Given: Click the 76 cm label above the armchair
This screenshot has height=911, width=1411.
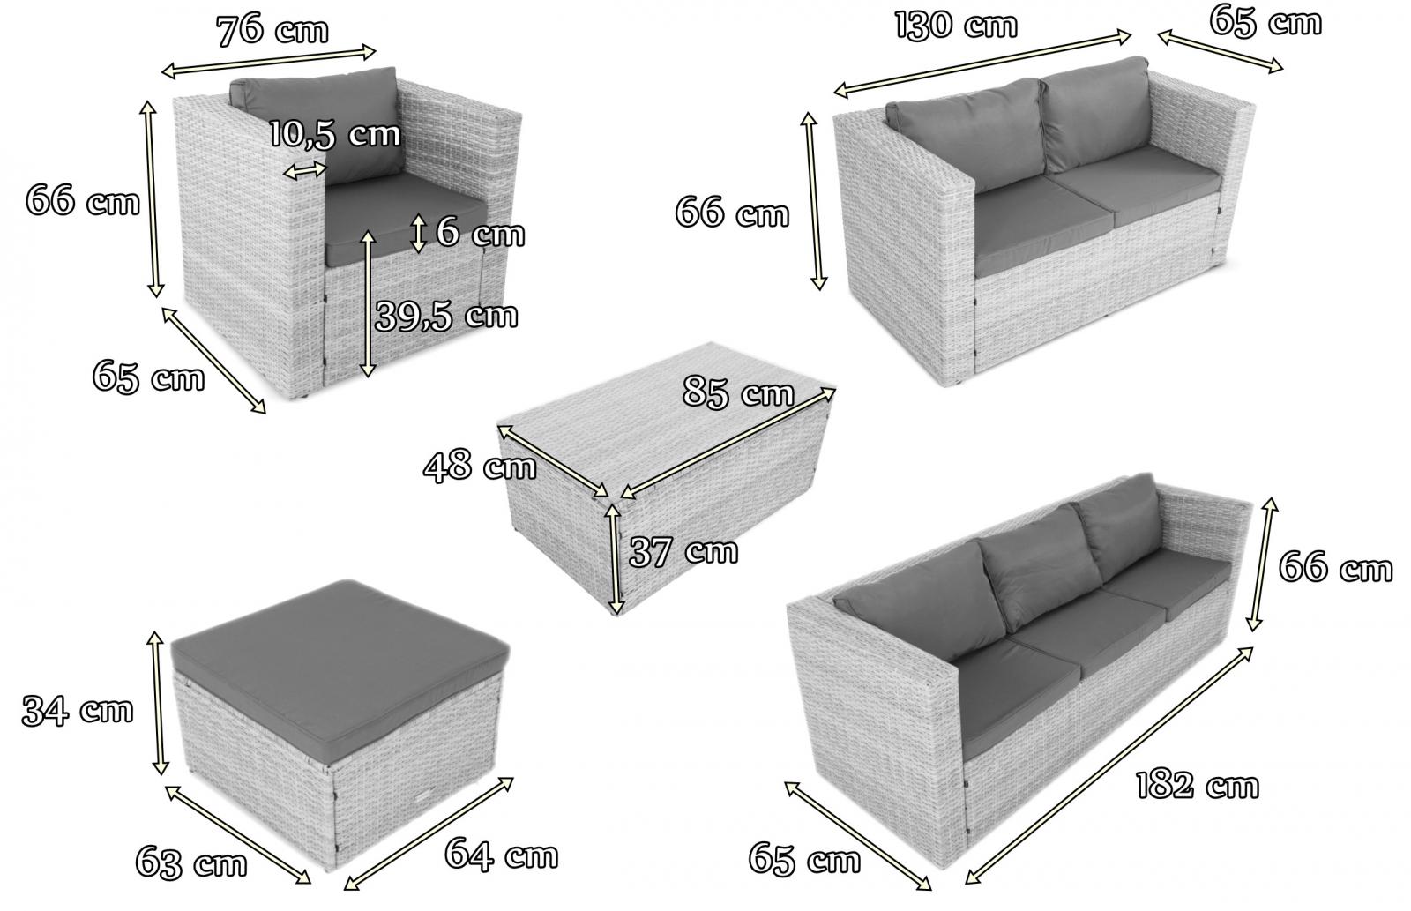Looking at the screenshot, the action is tap(272, 30).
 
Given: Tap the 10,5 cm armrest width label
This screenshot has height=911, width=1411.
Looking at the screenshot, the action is tap(335, 134).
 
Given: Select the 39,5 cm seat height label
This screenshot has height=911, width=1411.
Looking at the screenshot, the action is tap(446, 316).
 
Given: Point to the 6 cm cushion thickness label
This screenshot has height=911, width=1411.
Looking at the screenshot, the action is tap(480, 233).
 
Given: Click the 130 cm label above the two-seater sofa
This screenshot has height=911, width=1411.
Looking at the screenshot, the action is tap(956, 26).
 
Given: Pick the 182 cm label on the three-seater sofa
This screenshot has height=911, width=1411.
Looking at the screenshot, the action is tap(1198, 786).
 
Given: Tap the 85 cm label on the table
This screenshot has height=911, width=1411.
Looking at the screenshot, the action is tap(738, 392).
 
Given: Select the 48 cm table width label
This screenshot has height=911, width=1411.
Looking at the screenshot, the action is tap(480, 466).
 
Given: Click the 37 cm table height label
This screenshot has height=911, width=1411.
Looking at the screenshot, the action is tap(683, 551).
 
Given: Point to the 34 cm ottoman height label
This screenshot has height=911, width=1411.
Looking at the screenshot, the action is tap(78, 710).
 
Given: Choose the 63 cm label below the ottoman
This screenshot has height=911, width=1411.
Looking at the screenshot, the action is tap(191, 862).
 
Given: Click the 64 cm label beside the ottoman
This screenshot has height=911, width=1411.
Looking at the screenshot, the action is tap(502, 855).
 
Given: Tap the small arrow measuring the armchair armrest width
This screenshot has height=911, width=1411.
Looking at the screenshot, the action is tap(305, 170).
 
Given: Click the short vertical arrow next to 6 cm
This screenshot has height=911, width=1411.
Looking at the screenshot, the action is tap(419, 233).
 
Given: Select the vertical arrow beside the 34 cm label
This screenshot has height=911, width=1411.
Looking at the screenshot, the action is tap(158, 703).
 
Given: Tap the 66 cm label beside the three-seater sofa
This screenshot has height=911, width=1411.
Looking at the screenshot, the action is tap(1335, 566).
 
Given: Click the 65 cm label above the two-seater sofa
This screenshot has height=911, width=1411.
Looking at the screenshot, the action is tap(1265, 21).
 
